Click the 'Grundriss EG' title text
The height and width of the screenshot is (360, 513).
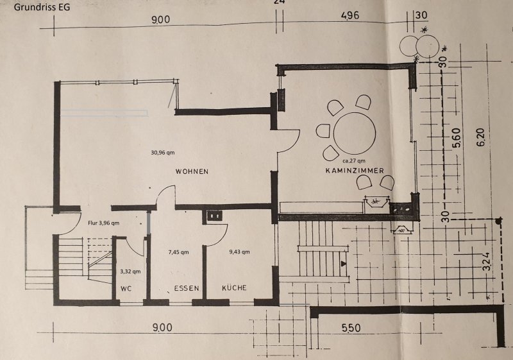[x=42, y=7]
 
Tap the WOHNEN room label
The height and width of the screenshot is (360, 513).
[x=192, y=171]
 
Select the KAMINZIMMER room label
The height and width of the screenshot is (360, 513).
[x=355, y=171]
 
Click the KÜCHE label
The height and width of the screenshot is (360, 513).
[x=234, y=287]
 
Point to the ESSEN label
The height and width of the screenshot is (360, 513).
[x=187, y=288]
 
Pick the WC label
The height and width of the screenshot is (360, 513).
[x=126, y=289]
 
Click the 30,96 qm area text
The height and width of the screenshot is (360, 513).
[x=163, y=152]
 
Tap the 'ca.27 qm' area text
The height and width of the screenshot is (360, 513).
[x=354, y=160]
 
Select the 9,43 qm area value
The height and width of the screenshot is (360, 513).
[x=239, y=252]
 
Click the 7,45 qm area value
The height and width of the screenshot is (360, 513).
[x=178, y=252]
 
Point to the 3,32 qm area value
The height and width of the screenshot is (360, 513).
[x=130, y=271]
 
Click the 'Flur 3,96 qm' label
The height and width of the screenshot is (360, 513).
[x=103, y=223]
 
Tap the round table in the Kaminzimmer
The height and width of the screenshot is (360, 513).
[x=355, y=133]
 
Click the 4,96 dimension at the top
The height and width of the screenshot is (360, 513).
[x=349, y=15]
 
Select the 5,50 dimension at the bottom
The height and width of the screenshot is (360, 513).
[x=351, y=328]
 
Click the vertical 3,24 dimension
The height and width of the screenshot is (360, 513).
[x=487, y=261]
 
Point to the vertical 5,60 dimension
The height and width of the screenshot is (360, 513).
[x=457, y=137]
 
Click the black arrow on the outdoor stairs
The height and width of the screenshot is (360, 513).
[x=343, y=263]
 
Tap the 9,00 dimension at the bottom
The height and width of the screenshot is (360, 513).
[x=162, y=327]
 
